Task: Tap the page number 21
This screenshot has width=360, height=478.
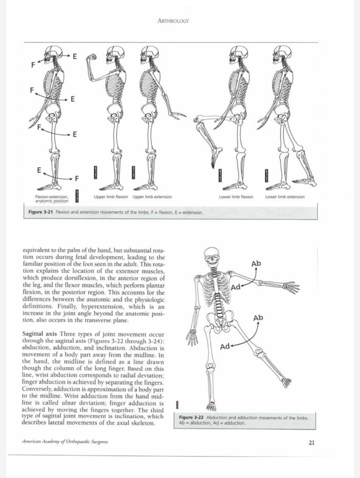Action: pos(311,443)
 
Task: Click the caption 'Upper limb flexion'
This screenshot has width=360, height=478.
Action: pos(111,197)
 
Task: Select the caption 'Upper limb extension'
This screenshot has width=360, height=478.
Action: pos(152,197)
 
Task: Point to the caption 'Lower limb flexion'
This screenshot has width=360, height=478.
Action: pos(236,197)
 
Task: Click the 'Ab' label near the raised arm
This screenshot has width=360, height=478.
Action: pos(256,264)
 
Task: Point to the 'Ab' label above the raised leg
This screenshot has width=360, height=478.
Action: pos(258,318)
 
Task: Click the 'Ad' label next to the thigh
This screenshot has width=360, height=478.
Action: pos(225,346)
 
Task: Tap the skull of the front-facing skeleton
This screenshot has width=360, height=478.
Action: pos(212,256)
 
